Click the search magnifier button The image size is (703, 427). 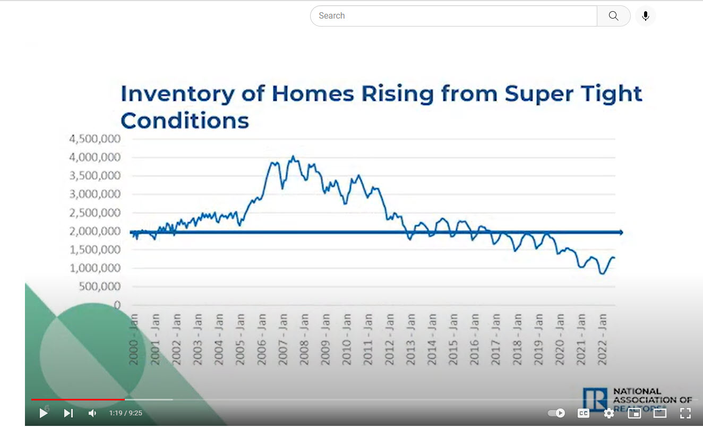pyautogui.click(x=613, y=16)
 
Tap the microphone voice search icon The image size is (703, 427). pyautogui.click(x=646, y=16)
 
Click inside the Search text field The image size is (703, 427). pyautogui.click(x=451, y=16)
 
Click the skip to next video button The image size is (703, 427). pyautogui.click(x=68, y=413)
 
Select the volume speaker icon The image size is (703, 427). pyautogui.click(x=92, y=413)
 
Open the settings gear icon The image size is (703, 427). pyautogui.click(x=609, y=413)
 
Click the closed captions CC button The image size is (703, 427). pyautogui.click(x=583, y=413)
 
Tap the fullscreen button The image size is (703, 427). pyautogui.click(x=685, y=413)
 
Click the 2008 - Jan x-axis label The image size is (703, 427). pyautogui.click(x=304, y=339)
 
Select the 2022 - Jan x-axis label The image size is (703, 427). pyautogui.click(x=602, y=339)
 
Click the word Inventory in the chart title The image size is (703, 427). pyautogui.click(x=177, y=94)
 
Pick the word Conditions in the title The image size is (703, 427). pyautogui.click(x=185, y=121)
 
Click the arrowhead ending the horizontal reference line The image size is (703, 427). pyautogui.click(x=620, y=232)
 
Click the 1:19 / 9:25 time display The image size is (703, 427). pyautogui.click(x=126, y=413)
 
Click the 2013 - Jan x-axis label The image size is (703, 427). pyautogui.click(x=410, y=339)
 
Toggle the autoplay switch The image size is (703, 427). pyautogui.click(x=556, y=413)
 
